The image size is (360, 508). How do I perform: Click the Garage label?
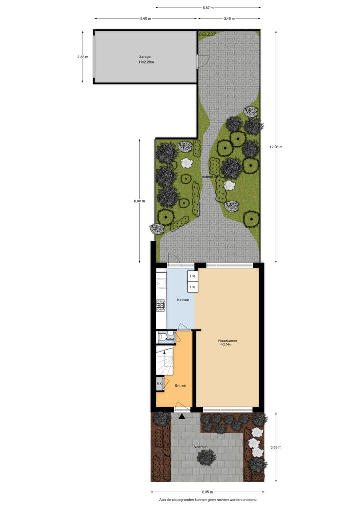[x=145, y=57]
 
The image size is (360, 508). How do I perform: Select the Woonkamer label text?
[x=227, y=341]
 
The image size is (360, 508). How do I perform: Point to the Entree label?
[x=180, y=385]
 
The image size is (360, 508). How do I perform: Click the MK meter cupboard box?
[x=160, y=384]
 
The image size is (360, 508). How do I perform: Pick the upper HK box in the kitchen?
[x=192, y=276]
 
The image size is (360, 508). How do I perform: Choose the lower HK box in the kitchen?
[x=192, y=287]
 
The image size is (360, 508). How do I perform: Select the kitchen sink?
[x=160, y=284]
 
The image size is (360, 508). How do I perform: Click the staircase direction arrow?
[x=164, y=353]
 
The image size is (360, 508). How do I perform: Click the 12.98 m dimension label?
[x=276, y=147]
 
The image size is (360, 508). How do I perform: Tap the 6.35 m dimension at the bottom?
[x=208, y=492]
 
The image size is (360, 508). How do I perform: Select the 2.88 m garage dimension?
[x=83, y=57]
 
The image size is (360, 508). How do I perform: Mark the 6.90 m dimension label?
[x=139, y=201]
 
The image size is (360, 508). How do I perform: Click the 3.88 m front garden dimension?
[x=276, y=447]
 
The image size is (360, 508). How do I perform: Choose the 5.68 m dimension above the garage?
[x=145, y=18]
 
